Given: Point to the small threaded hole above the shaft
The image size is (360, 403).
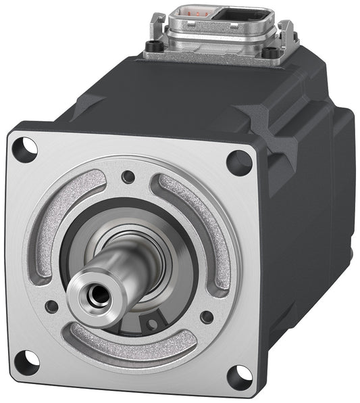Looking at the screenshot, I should click(x=128, y=177).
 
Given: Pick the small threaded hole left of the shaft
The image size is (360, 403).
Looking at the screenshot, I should click(x=51, y=306).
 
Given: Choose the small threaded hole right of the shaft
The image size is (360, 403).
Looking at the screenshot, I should click(x=207, y=316).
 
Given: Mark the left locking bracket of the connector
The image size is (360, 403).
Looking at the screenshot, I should click(x=155, y=26).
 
